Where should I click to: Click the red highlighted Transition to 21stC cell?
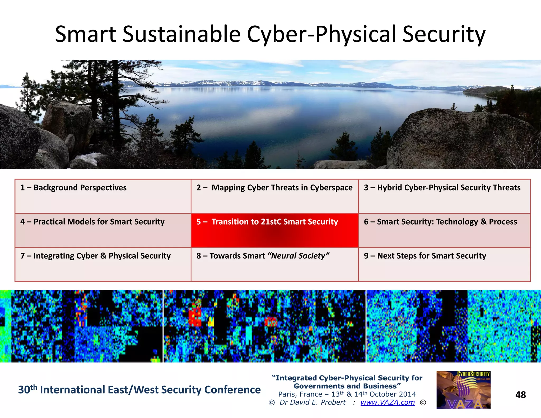[274, 230]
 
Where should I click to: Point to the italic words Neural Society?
[299, 256]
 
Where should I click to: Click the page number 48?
[520, 395]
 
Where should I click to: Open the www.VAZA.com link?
[388, 402]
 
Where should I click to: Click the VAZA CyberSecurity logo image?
[463, 390]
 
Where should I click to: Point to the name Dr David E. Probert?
[312, 402]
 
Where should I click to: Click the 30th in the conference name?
[27, 389]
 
